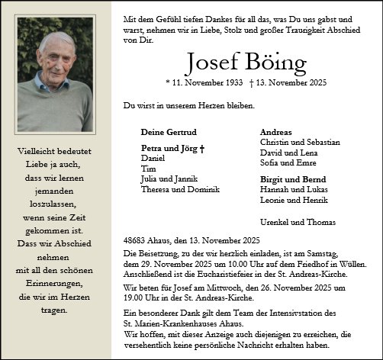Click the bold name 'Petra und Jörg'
pyautogui.click(x=166, y=146)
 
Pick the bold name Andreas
pyautogui.click(x=276, y=132)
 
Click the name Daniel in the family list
pyautogui.click(x=153, y=157)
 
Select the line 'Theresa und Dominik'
pyautogui.click(x=180, y=189)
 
